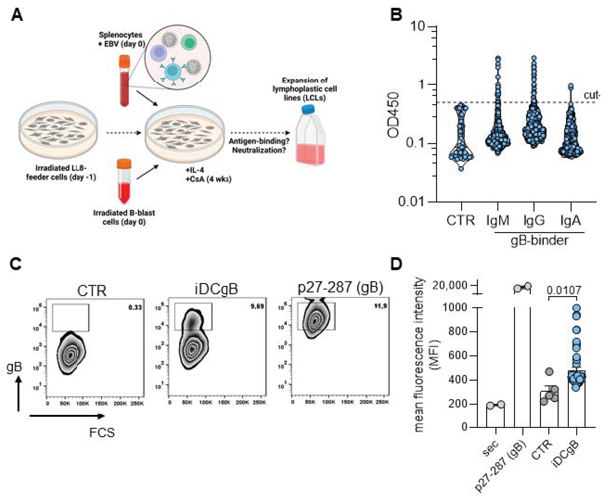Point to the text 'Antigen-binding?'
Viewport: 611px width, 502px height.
pyautogui.click(x=259, y=141)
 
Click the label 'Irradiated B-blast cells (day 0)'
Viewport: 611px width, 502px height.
pyautogui.click(x=124, y=217)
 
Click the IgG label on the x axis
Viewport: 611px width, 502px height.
pyautogui.click(x=534, y=221)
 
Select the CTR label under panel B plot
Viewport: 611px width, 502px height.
pyautogui.click(x=461, y=221)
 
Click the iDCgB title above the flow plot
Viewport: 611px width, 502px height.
pyautogui.click(x=216, y=289)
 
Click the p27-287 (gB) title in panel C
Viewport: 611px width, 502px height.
pyautogui.click(x=340, y=287)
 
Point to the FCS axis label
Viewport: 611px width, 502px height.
pyautogui.click(x=102, y=433)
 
